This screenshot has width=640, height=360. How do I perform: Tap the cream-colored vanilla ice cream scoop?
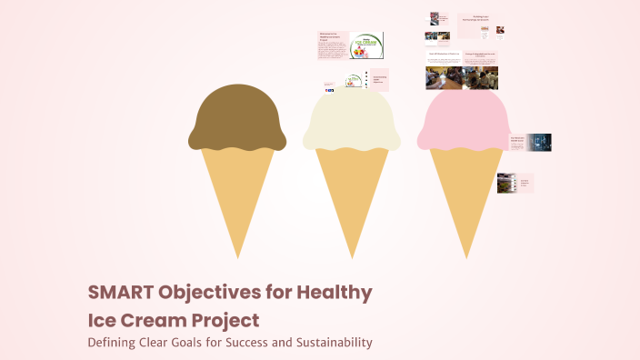coord(352,120)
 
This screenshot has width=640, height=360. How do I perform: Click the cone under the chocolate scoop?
coord(237,195)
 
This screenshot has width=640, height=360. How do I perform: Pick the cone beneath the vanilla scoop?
coord(352,195)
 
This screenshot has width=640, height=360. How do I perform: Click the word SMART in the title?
coord(120,294)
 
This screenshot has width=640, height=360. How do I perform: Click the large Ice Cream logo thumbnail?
coord(366,45)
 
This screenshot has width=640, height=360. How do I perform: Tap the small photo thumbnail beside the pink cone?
coord(506,183)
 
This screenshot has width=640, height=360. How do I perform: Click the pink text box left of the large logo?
coord(334,45)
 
